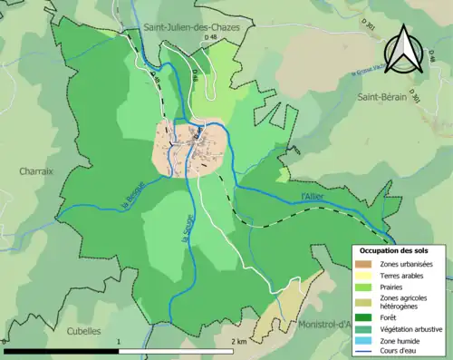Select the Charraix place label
tap(35, 170)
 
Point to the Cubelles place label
tap(82, 331)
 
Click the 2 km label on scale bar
tap(239, 342)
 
